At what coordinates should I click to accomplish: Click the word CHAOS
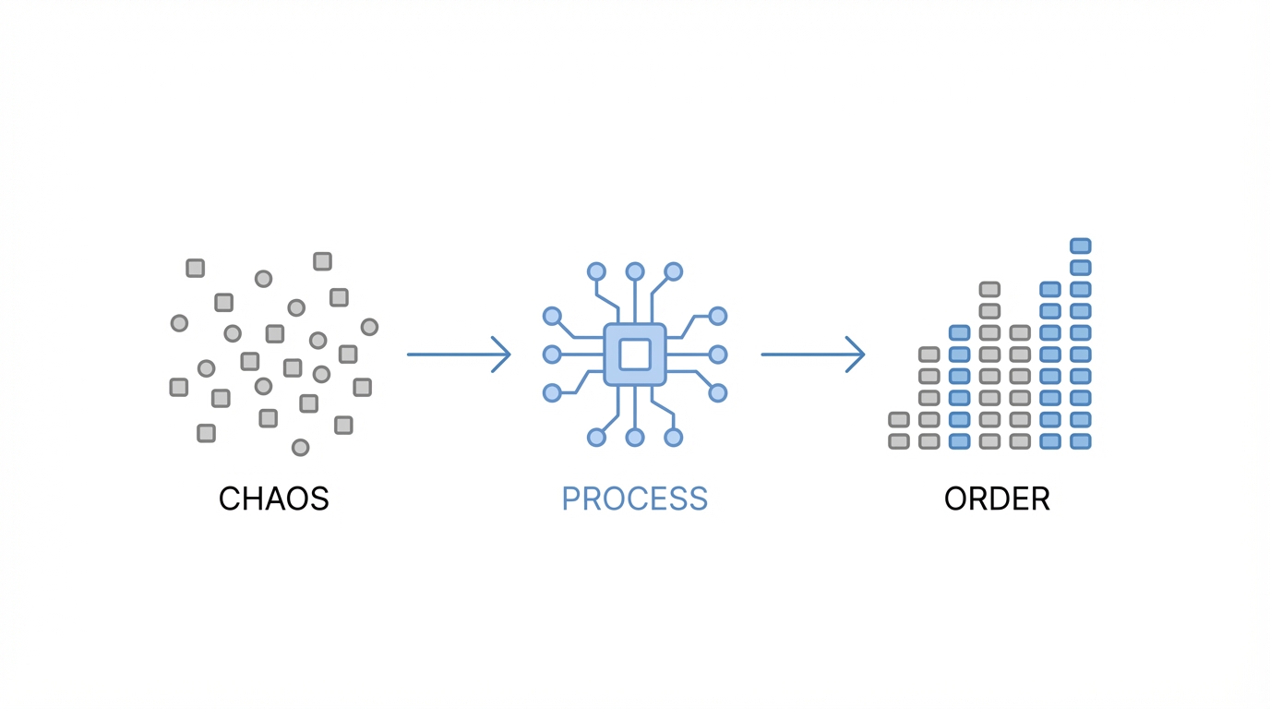coord(273,499)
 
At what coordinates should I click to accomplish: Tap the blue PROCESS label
coord(634,499)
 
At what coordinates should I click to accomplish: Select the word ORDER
coord(997,499)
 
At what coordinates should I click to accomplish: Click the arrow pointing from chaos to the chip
coord(459,354)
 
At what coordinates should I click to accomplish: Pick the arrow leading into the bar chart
coord(812,354)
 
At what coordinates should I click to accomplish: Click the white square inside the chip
coord(635,354)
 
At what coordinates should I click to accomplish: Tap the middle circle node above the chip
coord(635,271)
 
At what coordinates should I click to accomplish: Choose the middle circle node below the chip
coord(635,438)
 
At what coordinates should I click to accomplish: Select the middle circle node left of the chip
coord(552,354)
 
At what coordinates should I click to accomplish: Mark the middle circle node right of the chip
coord(718,354)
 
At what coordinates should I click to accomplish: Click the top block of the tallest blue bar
coord(1080,246)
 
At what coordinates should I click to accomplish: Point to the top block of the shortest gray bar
coord(899,420)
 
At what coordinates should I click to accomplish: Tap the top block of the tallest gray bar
coord(989,290)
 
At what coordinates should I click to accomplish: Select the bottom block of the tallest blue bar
coord(1080,442)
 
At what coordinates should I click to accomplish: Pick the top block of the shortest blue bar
coord(959,333)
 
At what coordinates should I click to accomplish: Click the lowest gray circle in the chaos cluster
coord(300,448)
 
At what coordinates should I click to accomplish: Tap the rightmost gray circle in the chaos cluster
coord(369,327)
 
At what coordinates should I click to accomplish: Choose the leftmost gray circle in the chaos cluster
coord(179,323)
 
